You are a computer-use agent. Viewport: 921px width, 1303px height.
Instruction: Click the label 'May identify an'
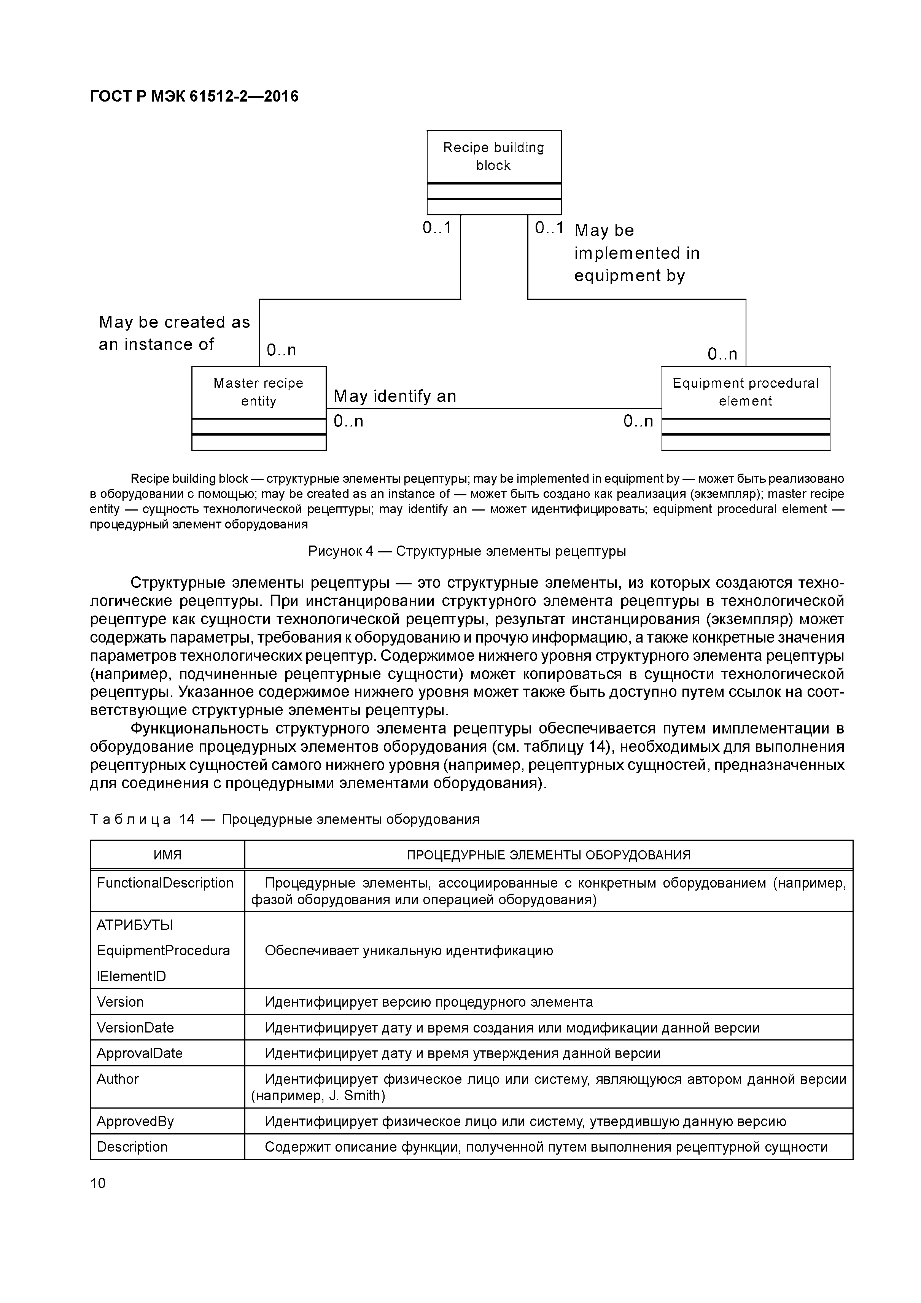(395, 396)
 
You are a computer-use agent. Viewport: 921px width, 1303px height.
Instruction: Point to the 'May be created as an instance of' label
(174, 333)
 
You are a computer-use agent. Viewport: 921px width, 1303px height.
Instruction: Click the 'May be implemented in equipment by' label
(637, 253)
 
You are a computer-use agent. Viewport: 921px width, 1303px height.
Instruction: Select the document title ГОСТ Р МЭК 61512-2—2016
(194, 97)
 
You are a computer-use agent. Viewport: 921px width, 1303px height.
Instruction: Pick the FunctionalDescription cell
(165, 883)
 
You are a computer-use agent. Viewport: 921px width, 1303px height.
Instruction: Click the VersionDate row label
(135, 1028)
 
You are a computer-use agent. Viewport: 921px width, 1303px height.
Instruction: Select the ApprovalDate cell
(140, 1053)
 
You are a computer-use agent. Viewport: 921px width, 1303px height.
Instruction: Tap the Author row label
(118, 1079)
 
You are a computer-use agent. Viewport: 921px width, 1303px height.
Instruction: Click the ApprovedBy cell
(135, 1122)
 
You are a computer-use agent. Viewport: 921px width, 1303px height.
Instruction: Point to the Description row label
(132, 1147)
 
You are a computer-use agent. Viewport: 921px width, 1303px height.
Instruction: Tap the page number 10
(98, 1183)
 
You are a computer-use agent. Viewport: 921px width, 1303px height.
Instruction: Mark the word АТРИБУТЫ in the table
(135, 926)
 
